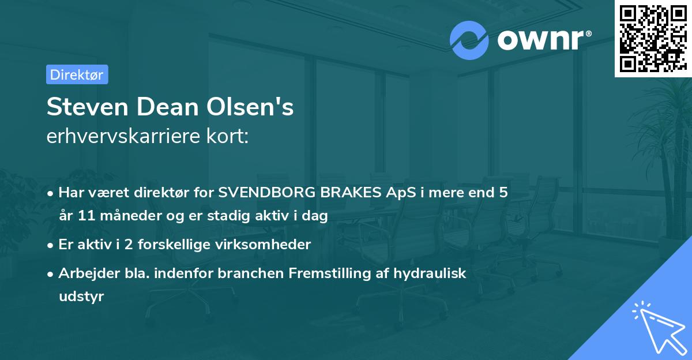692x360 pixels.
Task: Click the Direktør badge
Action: pyautogui.click(x=77, y=74)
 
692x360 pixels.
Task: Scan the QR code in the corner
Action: pyautogui.click(x=652, y=38)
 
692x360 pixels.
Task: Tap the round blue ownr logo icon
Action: pyautogui.click(x=469, y=40)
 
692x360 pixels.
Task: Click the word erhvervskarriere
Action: pyautogui.click(x=119, y=137)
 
